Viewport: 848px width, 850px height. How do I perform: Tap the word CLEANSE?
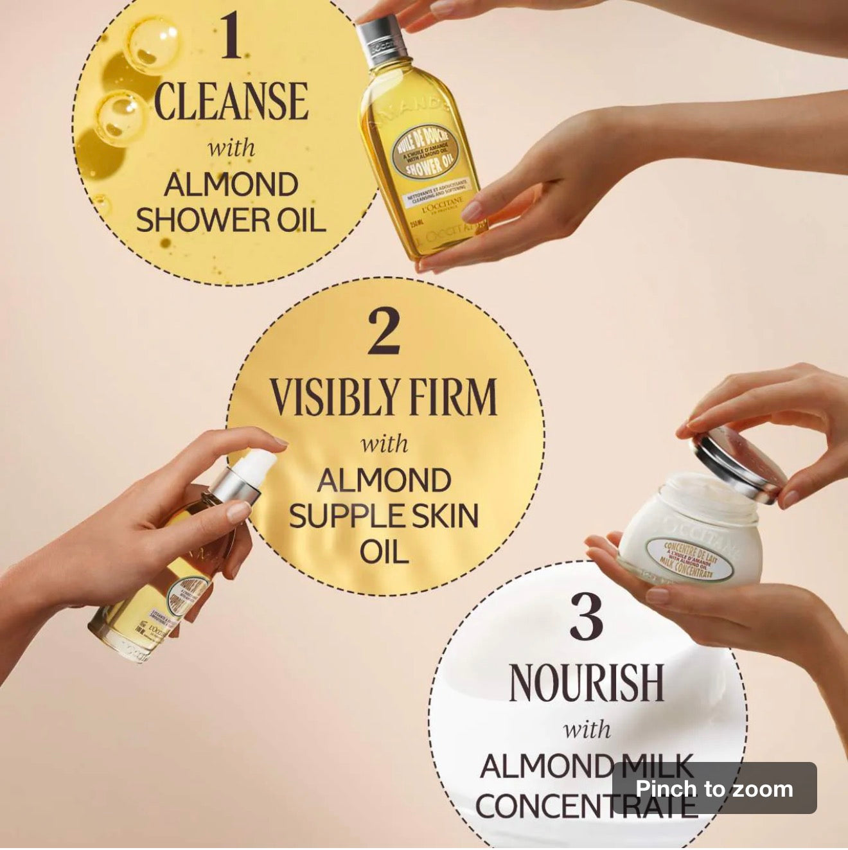click(x=232, y=102)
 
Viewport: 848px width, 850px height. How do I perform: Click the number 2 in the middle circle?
click(x=384, y=332)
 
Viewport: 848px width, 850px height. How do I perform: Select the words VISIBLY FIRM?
click(x=384, y=397)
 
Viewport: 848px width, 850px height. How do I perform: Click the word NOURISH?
click(x=585, y=682)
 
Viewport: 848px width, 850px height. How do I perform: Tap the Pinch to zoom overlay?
click(x=714, y=788)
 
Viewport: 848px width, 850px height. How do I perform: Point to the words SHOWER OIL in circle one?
click(x=231, y=220)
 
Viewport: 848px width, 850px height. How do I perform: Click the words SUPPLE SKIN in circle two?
click(x=384, y=517)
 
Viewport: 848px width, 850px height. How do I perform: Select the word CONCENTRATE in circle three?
click(x=585, y=806)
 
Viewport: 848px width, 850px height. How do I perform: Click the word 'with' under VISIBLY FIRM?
click(x=384, y=443)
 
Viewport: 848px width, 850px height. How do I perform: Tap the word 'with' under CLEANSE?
click(x=232, y=148)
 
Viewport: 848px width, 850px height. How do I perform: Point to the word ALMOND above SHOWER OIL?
click(x=231, y=185)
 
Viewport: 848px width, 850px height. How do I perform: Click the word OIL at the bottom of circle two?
click(x=384, y=552)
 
